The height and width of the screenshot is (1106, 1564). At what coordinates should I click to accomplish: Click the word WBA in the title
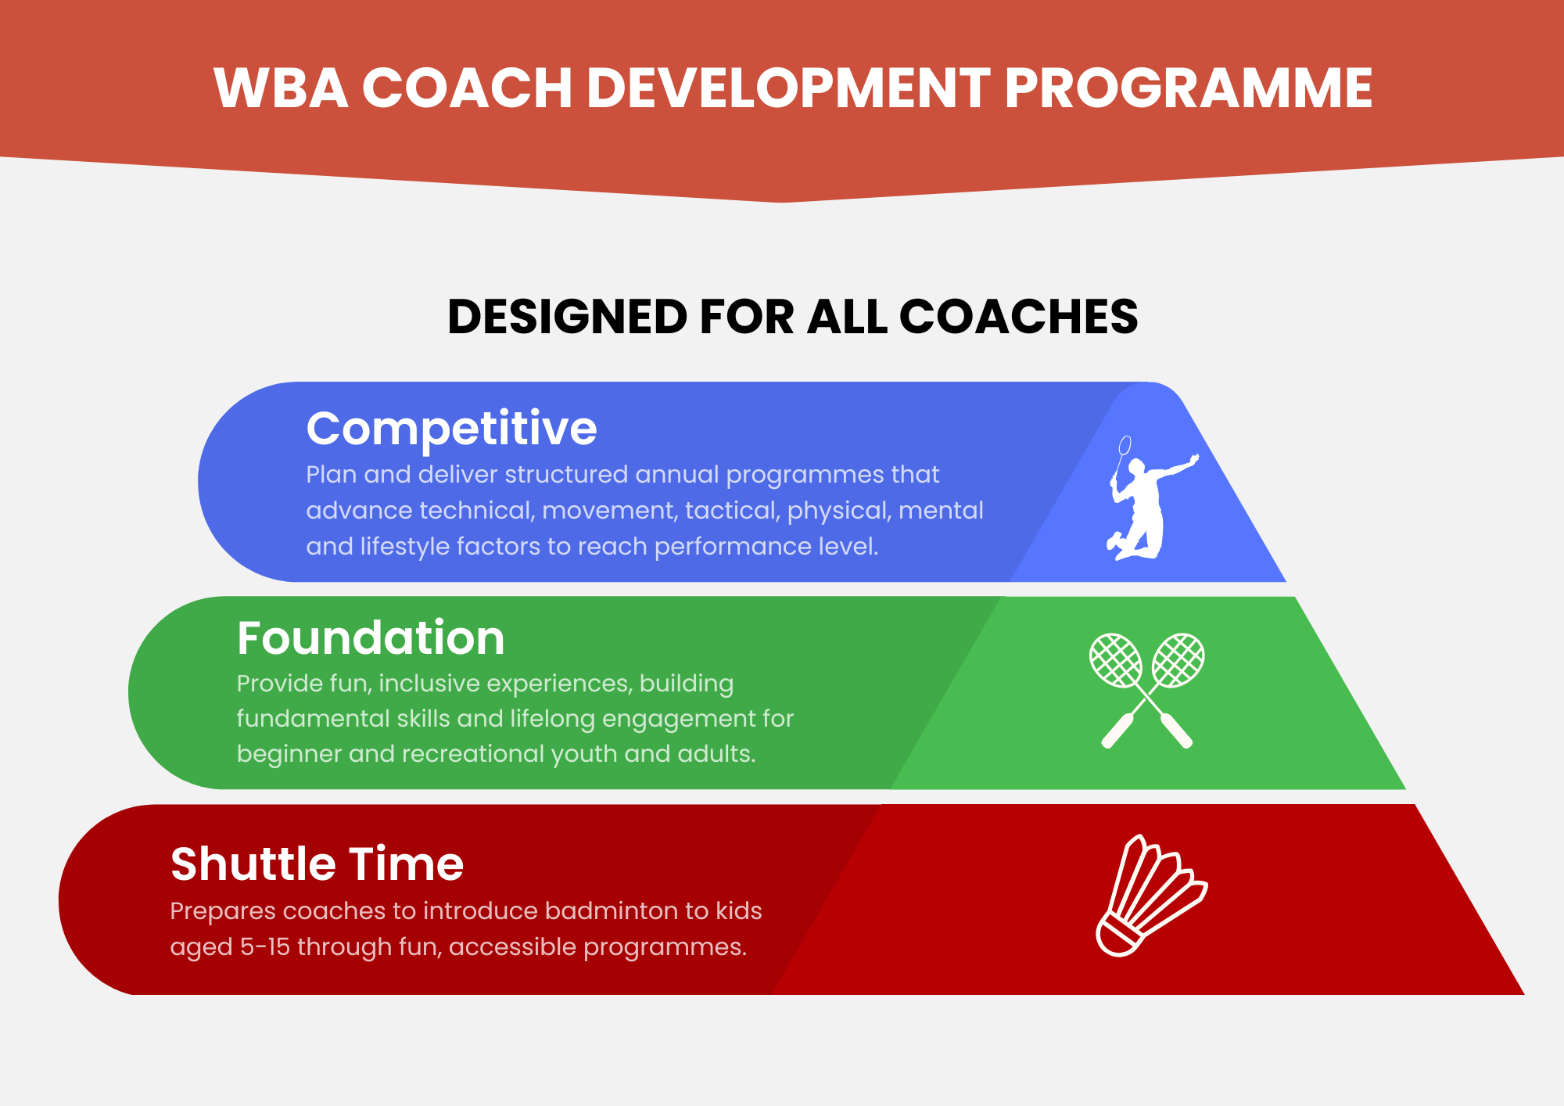[281, 88]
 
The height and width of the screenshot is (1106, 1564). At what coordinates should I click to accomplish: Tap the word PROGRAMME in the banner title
[1189, 88]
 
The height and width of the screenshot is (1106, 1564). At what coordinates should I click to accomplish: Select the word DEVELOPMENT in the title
[789, 88]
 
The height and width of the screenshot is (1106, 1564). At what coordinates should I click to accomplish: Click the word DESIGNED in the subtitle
[568, 317]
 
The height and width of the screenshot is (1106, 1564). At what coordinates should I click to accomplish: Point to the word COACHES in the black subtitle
[1019, 317]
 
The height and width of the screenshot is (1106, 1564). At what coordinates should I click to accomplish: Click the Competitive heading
[452, 429]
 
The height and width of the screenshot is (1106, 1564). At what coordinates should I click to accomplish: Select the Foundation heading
[371, 637]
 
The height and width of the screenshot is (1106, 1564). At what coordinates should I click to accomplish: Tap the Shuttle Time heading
[317, 864]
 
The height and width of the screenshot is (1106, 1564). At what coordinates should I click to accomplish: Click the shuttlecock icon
[1150, 895]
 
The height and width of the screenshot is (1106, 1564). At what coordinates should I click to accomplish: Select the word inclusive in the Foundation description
[427, 684]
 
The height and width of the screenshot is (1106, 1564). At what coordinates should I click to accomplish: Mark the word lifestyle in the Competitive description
[411, 546]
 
